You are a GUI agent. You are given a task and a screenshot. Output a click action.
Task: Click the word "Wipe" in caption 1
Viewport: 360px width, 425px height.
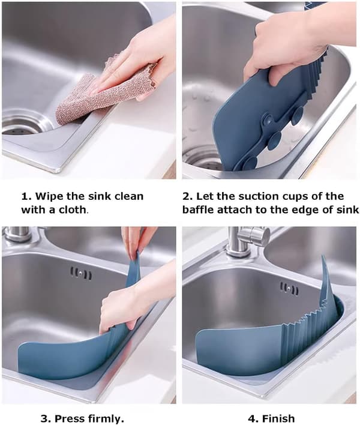tap(48, 196)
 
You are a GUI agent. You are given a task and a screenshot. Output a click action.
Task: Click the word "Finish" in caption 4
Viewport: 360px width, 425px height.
tap(278, 418)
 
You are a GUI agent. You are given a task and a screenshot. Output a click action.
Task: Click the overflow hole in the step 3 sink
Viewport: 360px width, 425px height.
tap(81, 274)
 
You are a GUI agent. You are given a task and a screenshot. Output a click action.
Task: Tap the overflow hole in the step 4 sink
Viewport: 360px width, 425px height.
tap(290, 289)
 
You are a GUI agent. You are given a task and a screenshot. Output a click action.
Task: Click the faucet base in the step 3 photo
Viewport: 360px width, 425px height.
tap(17, 235)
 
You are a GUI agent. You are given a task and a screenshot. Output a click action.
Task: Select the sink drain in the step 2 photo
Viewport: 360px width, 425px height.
tap(204, 160)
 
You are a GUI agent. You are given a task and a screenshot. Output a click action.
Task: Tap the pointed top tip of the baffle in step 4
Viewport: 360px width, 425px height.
tap(323, 255)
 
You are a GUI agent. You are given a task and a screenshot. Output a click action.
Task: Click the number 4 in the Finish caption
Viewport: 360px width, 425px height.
tap(251, 418)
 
